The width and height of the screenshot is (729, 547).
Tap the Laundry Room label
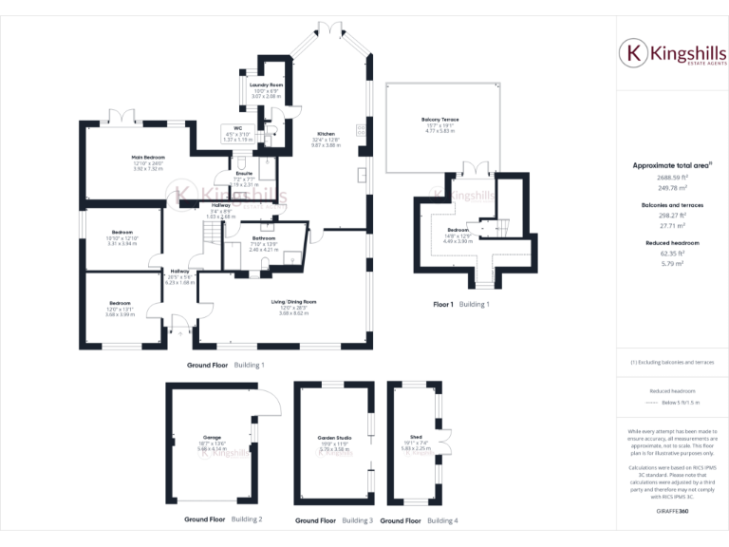point(266,85)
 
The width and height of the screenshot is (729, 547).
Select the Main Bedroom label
point(148,157)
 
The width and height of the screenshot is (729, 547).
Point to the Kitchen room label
point(326,135)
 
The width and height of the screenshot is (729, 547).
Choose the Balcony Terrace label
point(439,120)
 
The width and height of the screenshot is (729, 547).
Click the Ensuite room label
point(243,174)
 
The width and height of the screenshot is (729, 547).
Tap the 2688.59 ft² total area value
point(672,177)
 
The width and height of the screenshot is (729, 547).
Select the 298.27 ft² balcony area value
point(672,216)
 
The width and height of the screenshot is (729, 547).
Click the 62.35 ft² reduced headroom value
point(672,254)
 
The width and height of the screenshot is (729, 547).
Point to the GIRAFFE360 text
point(672,512)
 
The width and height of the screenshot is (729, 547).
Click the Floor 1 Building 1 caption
point(461,304)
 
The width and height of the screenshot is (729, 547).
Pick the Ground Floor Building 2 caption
point(223,519)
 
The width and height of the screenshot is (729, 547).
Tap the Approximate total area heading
point(671,165)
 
